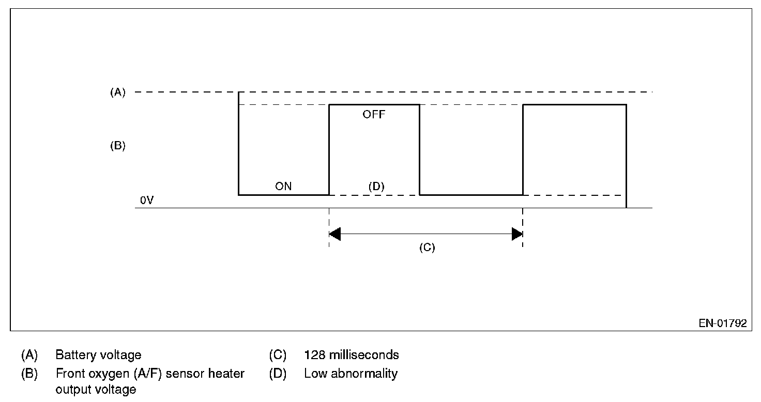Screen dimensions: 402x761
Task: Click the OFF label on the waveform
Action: tap(374, 115)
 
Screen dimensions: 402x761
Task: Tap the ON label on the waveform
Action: tap(283, 187)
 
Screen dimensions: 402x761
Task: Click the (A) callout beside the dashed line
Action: tap(118, 92)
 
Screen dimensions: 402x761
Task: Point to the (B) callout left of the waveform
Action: tap(118, 146)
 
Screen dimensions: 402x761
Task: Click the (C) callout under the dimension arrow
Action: tap(427, 248)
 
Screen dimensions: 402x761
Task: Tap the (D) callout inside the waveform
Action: tap(376, 187)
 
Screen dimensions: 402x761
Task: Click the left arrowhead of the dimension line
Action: tap(334, 234)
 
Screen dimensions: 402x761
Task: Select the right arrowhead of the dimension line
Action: tap(517, 234)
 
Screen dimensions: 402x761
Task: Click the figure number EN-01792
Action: tap(723, 323)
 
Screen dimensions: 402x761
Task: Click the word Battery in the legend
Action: tap(73, 355)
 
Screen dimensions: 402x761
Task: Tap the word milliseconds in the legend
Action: tap(363, 355)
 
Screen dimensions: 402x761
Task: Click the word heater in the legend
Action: tap(226, 374)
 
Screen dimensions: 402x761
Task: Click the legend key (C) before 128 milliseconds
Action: tap(278, 355)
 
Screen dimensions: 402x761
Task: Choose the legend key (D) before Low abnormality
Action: tap(278, 374)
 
